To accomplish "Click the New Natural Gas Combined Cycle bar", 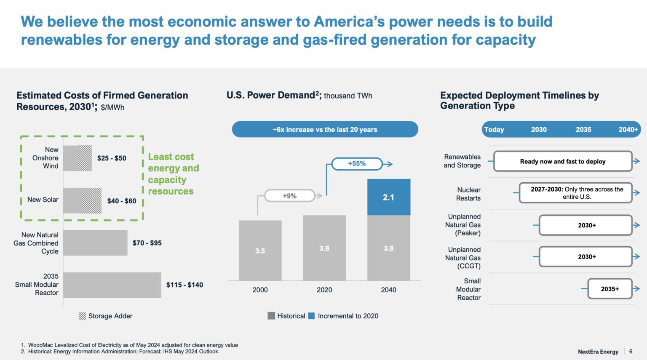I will point(95,243).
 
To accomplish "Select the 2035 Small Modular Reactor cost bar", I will point(112,285).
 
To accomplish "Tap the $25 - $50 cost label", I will point(112,158).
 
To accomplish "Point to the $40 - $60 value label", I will point(121,201).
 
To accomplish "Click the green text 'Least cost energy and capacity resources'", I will point(173,174).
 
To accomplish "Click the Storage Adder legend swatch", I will point(82,316).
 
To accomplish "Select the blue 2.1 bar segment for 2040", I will point(388,197).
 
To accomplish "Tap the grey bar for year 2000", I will point(260,251).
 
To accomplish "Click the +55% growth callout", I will point(357,164).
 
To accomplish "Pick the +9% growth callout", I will point(289,196).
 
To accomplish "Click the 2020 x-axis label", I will point(324,290).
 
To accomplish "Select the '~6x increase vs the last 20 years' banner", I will point(325,130).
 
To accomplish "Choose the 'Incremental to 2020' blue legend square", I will point(312,316).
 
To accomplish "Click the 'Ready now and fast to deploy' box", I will point(562,161).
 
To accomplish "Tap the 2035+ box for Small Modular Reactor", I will point(610,289).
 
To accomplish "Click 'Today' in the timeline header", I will point(494,130).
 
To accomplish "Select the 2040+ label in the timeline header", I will point(628,130).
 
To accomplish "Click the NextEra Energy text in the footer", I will point(598,352).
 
